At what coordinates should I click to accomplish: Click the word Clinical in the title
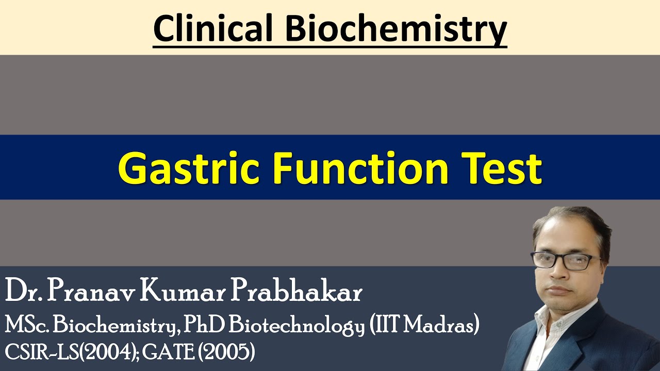[212, 29]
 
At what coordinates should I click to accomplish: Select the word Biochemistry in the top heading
[396, 29]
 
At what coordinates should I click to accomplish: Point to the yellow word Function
[360, 168]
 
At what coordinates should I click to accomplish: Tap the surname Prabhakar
[296, 293]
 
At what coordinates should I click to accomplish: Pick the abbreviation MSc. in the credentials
[27, 326]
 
